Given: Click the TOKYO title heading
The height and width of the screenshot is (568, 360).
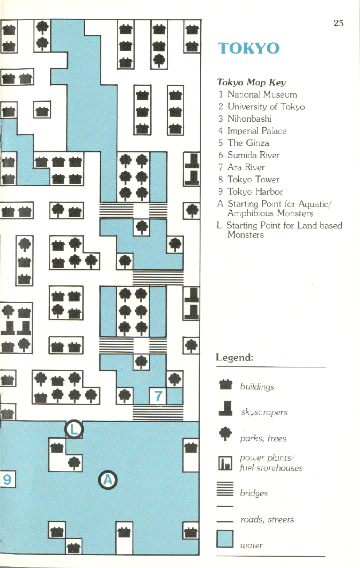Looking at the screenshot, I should point(248,48).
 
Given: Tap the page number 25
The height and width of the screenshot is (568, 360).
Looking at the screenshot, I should point(338,23).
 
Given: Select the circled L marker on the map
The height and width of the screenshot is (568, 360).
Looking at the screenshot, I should point(75,429).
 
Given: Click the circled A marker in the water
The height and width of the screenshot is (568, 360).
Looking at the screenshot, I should point(108,480).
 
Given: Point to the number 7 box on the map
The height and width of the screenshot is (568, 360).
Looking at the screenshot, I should point(158,396).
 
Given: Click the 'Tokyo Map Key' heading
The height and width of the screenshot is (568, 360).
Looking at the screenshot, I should point(251,82).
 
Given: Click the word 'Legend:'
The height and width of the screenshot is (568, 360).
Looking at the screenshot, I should point(234,357).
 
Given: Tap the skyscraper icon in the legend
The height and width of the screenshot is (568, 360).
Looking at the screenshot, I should point(225,410).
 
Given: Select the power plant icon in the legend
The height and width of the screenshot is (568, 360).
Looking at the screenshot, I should point(225,462).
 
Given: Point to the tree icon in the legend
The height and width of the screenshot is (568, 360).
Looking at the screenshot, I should point(225,436).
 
